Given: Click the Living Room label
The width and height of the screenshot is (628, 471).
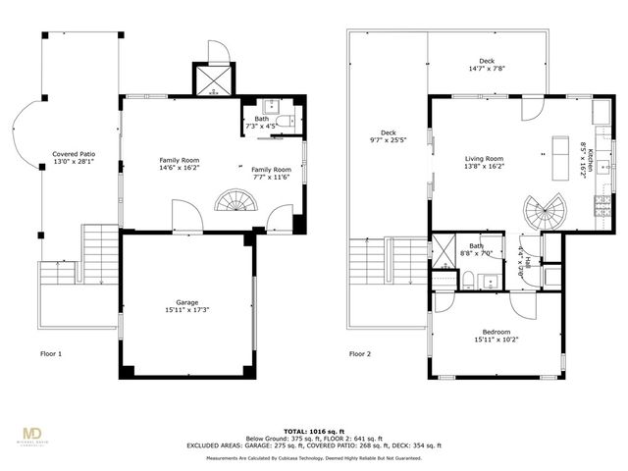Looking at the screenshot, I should click(484, 163).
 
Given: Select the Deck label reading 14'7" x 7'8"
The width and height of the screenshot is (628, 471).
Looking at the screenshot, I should click(487, 65).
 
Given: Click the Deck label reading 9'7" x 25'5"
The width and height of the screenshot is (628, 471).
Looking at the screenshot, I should click(388, 138).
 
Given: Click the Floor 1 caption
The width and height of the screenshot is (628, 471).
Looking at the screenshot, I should click(51, 353).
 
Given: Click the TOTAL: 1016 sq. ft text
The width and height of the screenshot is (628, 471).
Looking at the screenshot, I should click(314, 430).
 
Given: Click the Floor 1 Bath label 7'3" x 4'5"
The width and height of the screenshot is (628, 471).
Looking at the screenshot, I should click(263, 123).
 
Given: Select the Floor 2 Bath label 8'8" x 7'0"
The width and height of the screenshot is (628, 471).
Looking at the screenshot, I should click(477, 249).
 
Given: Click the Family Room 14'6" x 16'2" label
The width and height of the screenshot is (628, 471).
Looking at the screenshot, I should click(180, 163).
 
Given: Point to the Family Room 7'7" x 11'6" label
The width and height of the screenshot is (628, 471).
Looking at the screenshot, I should click(271, 173).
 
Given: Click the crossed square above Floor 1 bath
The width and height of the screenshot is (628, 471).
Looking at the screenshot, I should click(214, 80).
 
